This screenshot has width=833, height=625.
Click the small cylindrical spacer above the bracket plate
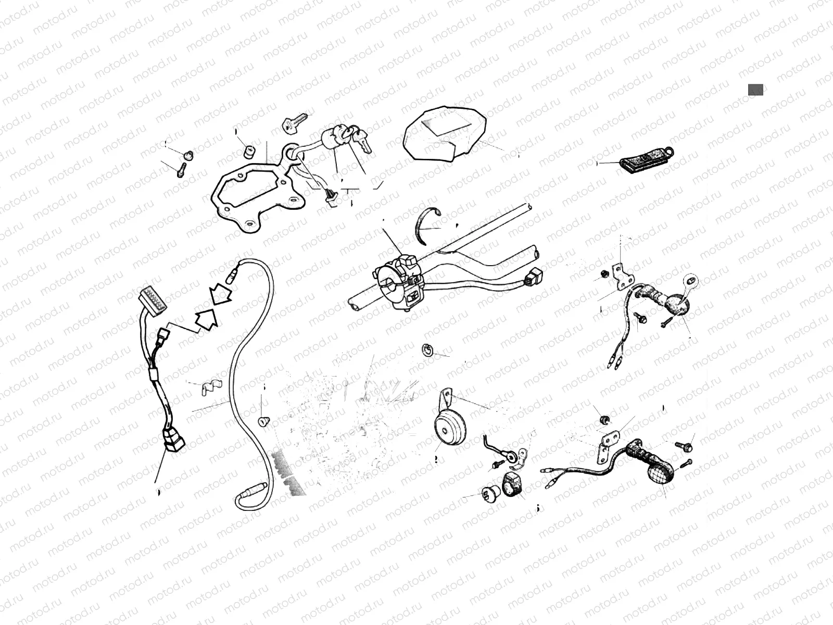250,152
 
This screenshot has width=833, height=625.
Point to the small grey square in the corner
755,90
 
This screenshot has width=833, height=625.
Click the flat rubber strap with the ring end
643,159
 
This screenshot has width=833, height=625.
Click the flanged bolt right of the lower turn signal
685,446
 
